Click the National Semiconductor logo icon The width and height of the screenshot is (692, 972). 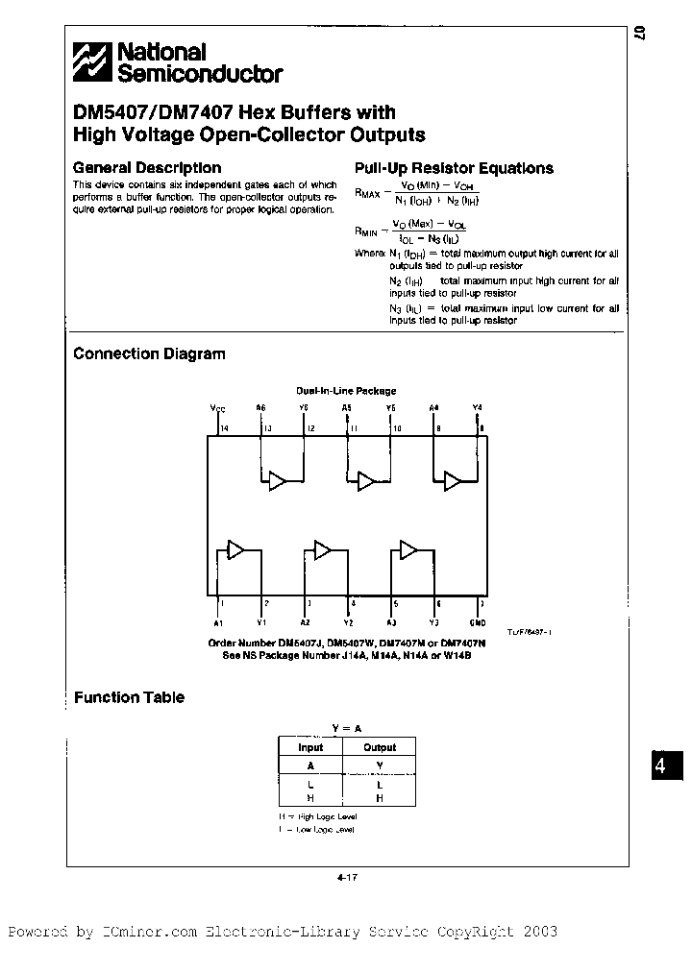[x=93, y=62]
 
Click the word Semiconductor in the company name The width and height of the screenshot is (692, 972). [x=200, y=74]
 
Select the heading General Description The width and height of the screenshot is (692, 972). [x=147, y=167]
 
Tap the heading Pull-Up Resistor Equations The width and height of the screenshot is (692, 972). [x=454, y=168]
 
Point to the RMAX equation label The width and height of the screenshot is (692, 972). [x=366, y=193]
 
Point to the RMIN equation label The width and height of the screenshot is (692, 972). [x=366, y=231]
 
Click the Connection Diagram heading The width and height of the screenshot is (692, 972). [x=149, y=353]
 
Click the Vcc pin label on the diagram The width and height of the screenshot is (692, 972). [x=217, y=408]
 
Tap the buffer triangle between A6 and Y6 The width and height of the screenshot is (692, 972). [x=278, y=481]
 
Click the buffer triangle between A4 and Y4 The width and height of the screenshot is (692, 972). [x=451, y=481]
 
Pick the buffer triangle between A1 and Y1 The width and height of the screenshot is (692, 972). [x=235, y=549]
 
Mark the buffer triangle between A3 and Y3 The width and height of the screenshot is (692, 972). [x=408, y=549]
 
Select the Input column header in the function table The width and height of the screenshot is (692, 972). [x=310, y=746]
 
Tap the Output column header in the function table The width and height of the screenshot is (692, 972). [x=380, y=746]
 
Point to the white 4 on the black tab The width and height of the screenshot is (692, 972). [x=659, y=766]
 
